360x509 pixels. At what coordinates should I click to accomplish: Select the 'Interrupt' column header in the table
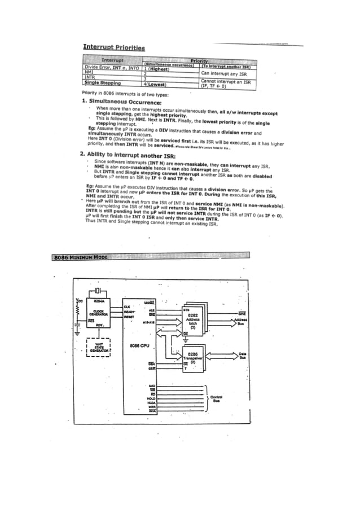(x=112, y=60)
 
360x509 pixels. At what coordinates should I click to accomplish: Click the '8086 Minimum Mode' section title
(x=81, y=257)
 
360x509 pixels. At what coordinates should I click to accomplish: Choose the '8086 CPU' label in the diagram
(x=139, y=345)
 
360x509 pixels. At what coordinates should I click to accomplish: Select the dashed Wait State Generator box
(x=98, y=347)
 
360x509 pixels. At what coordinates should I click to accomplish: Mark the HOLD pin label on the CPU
(x=150, y=398)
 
